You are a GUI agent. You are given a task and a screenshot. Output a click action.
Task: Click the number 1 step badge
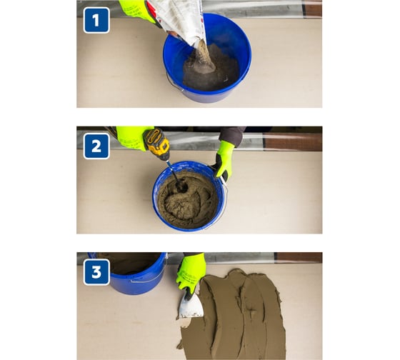[96, 20]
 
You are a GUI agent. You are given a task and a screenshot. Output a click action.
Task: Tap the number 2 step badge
[96, 146]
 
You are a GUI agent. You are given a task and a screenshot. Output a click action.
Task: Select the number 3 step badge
[96, 272]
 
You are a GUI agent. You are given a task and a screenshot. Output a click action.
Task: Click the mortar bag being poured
[180, 21]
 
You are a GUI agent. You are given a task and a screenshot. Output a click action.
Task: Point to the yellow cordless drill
[156, 144]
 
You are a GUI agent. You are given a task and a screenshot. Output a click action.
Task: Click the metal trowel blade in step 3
[191, 306]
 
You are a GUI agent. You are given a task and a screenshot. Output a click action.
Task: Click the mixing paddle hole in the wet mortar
[181, 186]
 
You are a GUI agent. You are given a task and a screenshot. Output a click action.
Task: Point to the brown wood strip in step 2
[293, 141]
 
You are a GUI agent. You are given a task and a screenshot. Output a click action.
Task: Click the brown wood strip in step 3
[299, 258]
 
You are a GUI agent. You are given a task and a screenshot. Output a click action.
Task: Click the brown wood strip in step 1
[313, 10]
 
